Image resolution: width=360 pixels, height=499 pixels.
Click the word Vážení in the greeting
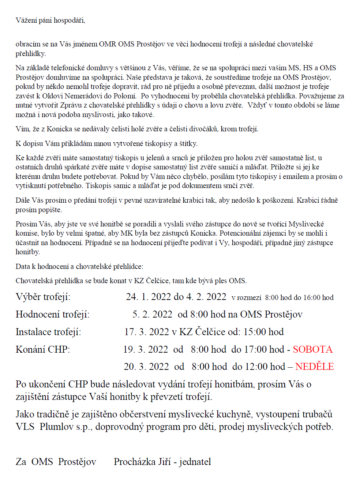26,20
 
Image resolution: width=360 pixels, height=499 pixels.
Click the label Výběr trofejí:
43,297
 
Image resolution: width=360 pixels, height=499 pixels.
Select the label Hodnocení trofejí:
52,315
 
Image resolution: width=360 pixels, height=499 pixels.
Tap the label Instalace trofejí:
48,332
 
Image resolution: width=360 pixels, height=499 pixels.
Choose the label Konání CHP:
43,350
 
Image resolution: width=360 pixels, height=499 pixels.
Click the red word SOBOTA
312,350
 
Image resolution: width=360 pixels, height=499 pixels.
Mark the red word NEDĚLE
314,367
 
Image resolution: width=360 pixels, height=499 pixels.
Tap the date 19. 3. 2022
146,350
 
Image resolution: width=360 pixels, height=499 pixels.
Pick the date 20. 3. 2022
146,367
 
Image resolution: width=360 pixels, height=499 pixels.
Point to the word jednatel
195,462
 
